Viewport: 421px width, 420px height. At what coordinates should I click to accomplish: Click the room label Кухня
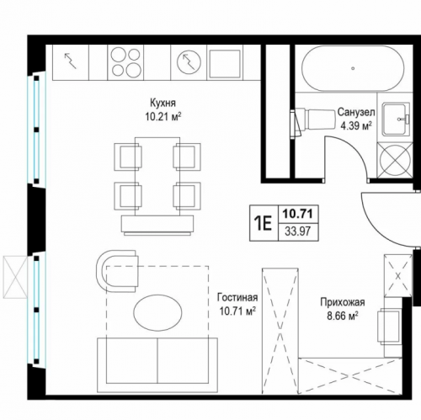(x=163, y=103)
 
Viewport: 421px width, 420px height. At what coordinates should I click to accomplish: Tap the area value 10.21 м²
(x=163, y=116)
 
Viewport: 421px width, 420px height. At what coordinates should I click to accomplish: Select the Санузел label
(x=356, y=112)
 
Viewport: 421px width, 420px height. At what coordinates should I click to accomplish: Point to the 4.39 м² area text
(x=356, y=125)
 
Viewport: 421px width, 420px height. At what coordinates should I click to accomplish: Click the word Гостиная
(x=237, y=297)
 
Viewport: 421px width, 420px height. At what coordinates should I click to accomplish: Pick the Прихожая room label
(x=343, y=302)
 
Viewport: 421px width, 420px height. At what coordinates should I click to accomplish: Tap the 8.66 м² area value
(x=343, y=316)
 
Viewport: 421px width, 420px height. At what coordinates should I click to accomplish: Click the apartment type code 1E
(x=263, y=224)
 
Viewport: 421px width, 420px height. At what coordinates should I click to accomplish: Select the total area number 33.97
(x=298, y=231)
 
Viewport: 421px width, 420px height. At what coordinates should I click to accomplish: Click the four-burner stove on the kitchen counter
(x=125, y=62)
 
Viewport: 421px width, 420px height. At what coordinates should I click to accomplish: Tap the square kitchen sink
(x=225, y=63)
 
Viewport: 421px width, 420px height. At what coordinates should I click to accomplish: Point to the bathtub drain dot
(x=353, y=68)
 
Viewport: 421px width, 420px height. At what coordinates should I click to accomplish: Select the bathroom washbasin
(x=395, y=119)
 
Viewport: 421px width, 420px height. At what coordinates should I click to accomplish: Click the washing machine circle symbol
(x=395, y=160)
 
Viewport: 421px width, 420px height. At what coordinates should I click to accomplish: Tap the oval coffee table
(x=157, y=312)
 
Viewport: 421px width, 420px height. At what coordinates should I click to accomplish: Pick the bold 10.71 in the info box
(x=298, y=215)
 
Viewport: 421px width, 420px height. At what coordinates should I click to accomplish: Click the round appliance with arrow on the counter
(x=189, y=62)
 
